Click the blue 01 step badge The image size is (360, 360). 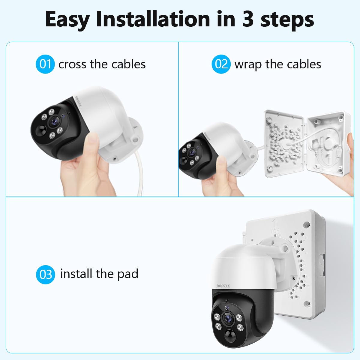pos(45,64)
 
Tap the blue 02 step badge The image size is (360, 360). pos(221,64)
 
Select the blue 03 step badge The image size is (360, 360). pos(45,274)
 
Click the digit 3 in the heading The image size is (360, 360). pos(248,19)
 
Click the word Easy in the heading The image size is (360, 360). pos(67,21)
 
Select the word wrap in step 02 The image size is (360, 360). pos(248,65)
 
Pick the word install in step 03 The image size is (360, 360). pos(76,274)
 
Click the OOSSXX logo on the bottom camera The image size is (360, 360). pos(223,286)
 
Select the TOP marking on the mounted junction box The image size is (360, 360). pos(275,231)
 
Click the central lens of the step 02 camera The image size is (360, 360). pos(191,153)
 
